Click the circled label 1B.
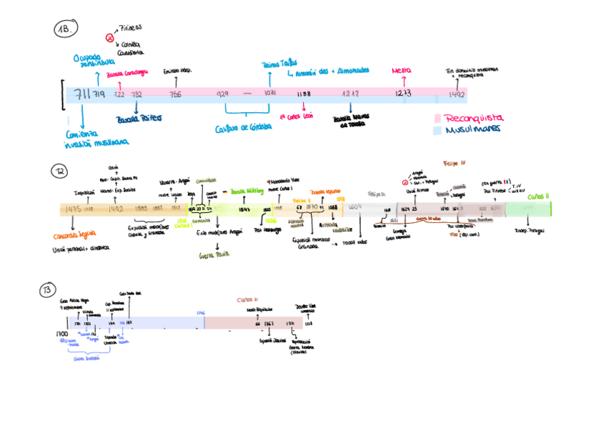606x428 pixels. click(65, 29)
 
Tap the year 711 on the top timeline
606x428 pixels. click(81, 94)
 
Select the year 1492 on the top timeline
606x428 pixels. click(457, 94)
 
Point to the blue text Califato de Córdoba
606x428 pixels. click(244, 128)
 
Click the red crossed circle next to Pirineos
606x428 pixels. click(109, 36)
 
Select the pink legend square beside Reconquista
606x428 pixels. click(437, 119)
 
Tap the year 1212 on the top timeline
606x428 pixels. click(350, 94)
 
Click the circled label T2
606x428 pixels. click(59, 171)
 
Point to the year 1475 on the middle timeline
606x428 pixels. click(72, 209)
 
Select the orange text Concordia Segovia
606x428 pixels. click(75, 236)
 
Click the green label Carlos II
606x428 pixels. click(538, 196)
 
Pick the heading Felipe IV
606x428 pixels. click(454, 163)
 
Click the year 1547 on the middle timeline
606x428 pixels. click(244, 209)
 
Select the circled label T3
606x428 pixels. click(46, 289)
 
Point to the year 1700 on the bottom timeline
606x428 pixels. click(62, 334)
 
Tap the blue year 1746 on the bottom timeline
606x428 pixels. click(200, 313)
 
